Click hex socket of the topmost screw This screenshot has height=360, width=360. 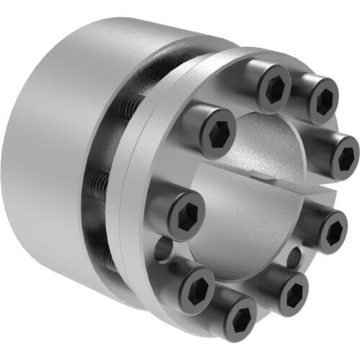[275, 88]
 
